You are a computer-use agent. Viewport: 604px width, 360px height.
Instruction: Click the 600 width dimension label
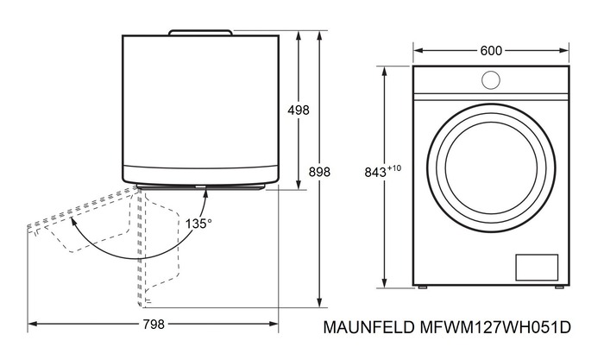point(491,51)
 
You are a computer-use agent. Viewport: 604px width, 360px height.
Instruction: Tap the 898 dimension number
point(319,172)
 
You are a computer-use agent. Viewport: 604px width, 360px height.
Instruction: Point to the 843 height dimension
point(374,173)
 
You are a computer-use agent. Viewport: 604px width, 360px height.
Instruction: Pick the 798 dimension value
point(153,325)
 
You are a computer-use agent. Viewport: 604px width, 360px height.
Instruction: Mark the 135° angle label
point(198,223)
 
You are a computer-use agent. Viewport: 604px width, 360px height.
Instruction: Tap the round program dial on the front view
point(490,79)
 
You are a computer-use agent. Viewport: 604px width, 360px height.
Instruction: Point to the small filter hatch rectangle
point(537,267)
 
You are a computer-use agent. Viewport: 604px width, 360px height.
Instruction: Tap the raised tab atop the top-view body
point(200,33)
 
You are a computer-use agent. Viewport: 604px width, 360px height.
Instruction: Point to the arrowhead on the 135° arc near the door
point(205,192)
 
